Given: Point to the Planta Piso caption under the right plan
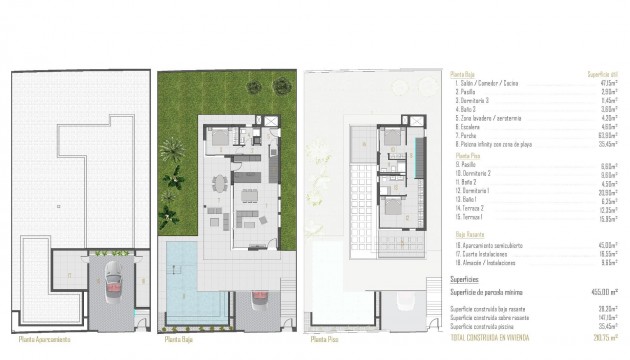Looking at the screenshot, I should (325, 339).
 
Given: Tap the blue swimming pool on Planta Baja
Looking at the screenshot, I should (186, 275).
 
